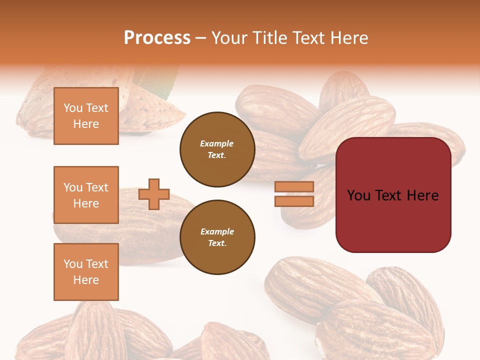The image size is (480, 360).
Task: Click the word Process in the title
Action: (157, 38)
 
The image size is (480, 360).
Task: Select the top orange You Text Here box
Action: (86, 116)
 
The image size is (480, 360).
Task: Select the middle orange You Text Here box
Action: (86, 195)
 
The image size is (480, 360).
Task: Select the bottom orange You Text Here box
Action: (86, 272)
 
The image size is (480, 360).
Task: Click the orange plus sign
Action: (154, 194)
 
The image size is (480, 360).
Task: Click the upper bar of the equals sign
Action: (294, 187)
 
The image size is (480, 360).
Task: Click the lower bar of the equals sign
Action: (294, 201)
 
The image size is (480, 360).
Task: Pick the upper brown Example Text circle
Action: (217, 149)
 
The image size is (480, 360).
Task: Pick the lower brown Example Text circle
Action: (217, 237)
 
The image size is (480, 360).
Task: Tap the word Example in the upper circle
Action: (217, 144)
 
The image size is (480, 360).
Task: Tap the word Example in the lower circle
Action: (217, 232)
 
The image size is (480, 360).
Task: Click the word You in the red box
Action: (358, 195)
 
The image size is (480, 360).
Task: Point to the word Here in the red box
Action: (422, 195)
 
